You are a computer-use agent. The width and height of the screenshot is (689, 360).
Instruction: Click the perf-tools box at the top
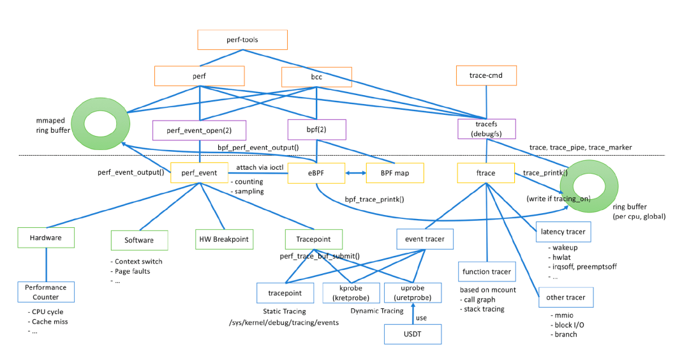click(x=242, y=40)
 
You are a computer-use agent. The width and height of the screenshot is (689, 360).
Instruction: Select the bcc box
click(x=317, y=77)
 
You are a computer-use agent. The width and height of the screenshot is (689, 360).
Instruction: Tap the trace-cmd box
click(x=486, y=76)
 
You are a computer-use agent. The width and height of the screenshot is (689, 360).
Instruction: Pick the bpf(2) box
click(x=317, y=130)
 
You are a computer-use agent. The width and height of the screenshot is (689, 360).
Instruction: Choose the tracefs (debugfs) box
click(x=486, y=130)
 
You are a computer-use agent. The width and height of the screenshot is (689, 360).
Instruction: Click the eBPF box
click(x=317, y=173)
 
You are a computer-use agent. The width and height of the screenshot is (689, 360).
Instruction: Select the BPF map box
click(x=394, y=173)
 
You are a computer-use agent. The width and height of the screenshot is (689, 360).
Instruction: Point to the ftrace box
click(x=486, y=173)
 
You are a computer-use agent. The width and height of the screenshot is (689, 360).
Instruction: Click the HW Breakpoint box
click(x=223, y=239)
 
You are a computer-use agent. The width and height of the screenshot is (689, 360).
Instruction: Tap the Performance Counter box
click(x=46, y=292)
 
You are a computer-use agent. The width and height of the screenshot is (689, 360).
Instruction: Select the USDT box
click(x=412, y=334)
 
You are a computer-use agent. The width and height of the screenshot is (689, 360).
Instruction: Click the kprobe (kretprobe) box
click(x=350, y=293)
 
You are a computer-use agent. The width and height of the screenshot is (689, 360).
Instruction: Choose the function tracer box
click(x=486, y=271)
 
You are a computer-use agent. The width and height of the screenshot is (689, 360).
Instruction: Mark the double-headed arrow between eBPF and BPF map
click(x=356, y=173)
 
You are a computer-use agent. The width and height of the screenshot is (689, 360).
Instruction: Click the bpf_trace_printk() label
click(x=374, y=199)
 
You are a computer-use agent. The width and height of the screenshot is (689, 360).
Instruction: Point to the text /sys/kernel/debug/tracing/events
click(x=285, y=323)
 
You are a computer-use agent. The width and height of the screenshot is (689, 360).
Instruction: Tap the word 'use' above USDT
click(x=421, y=317)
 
